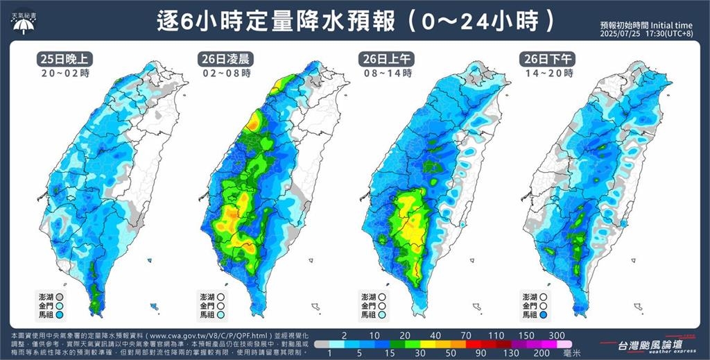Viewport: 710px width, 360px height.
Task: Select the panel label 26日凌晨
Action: point(223,60)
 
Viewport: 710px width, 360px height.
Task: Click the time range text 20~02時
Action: point(66,72)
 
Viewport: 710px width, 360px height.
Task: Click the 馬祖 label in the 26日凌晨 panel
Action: point(207,315)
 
